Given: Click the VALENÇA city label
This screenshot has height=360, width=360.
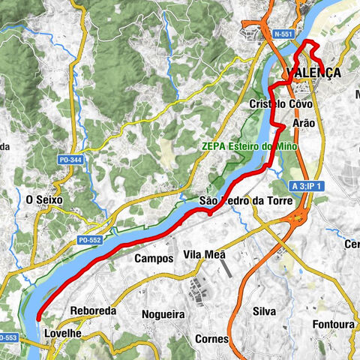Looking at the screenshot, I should click(313, 73).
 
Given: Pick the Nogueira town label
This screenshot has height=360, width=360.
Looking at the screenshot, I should click(158, 315).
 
